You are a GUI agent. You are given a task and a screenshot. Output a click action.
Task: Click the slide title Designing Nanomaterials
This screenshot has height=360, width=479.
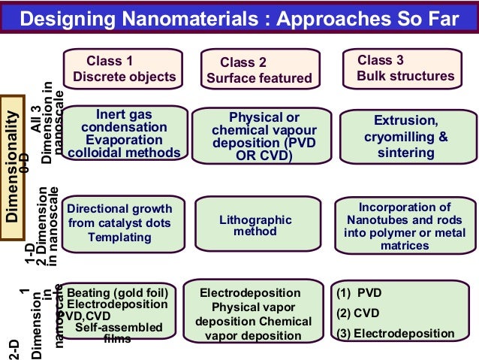pyautogui.click(x=239, y=18)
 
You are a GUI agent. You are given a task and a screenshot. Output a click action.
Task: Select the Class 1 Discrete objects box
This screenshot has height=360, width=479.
pyautogui.click(x=124, y=68)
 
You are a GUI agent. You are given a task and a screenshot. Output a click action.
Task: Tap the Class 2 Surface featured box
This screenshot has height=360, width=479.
pyautogui.click(x=259, y=70)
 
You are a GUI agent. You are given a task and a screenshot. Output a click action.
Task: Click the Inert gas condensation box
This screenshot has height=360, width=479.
pyautogui.click(x=124, y=134)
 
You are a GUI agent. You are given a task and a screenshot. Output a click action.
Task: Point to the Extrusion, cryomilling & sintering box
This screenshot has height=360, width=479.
pyautogui.click(x=406, y=136)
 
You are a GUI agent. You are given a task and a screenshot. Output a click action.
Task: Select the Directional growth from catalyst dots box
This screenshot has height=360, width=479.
pyautogui.click(x=120, y=222)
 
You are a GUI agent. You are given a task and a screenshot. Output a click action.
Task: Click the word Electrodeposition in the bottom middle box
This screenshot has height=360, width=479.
pyautogui.click(x=250, y=293)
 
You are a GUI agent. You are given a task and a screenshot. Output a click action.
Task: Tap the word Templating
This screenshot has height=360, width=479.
pyautogui.click(x=119, y=237)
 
